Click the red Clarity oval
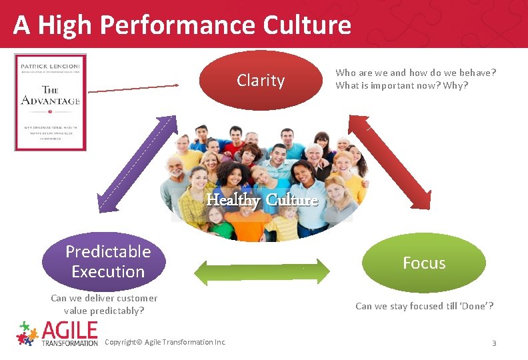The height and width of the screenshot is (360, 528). coord(261,81)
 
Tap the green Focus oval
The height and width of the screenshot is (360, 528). coord(424,263)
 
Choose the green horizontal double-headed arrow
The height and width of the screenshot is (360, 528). coord(262,271)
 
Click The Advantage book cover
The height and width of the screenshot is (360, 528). coord(51,102)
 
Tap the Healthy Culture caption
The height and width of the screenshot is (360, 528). coord(262,199)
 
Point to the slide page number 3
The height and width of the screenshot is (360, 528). coord(494,343)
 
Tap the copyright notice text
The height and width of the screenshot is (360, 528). coord(166,342)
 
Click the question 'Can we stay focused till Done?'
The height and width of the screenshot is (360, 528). coord(424,306)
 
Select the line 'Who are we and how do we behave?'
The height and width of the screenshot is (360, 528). coord(416,73)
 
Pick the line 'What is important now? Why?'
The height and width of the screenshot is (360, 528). coord(401,85)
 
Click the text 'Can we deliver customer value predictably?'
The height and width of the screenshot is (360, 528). coord(104,304)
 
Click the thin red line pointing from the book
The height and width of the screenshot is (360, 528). coord(133,88)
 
